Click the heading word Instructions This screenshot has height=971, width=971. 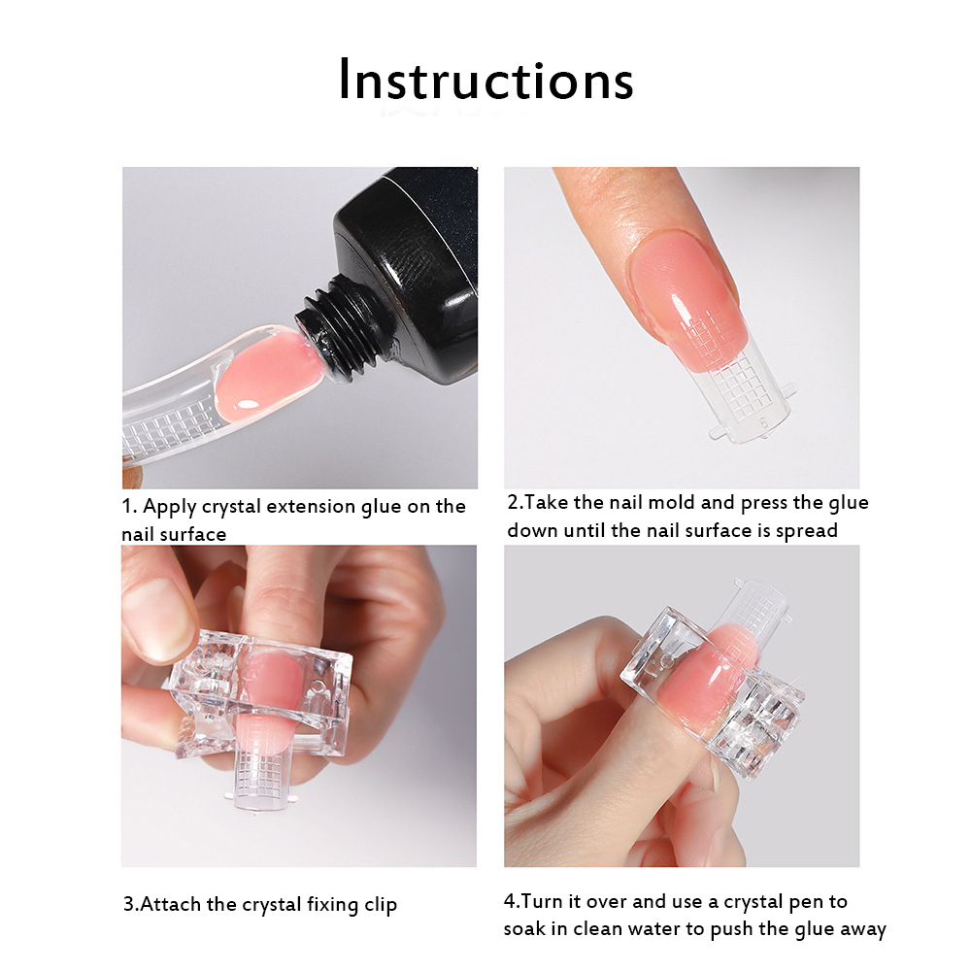pyautogui.click(x=486, y=80)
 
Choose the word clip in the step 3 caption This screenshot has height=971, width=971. pyautogui.click(x=381, y=906)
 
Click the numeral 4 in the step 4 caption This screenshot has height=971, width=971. pyautogui.click(x=510, y=901)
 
